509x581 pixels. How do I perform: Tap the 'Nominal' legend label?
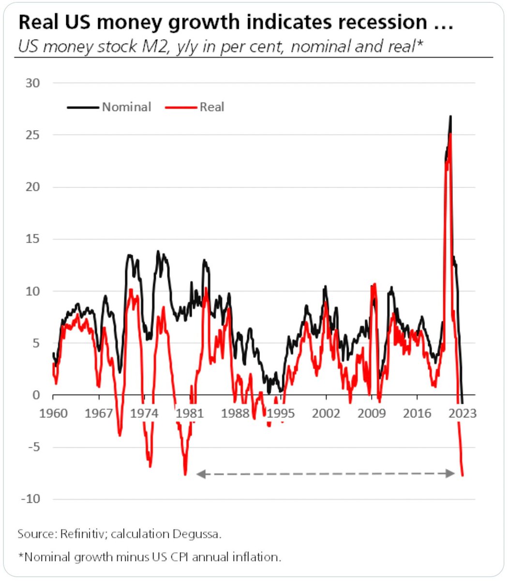pyautogui.click(x=126, y=107)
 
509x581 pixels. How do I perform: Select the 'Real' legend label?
pyautogui.click(x=212, y=107)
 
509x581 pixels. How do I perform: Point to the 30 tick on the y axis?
pyautogui.click(x=33, y=83)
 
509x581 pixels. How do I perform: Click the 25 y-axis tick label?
pyautogui.click(x=33, y=135)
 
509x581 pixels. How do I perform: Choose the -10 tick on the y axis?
pyautogui.click(x=30, y=499)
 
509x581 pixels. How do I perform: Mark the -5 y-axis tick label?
pyautogui.click(x=33, y=447)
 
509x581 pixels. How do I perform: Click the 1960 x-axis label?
pyautogui.click(x=54, y=413)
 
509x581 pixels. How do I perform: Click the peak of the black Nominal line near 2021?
pyautogui.click(x=450, y=116)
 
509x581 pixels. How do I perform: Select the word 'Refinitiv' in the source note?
pyautogui.click(x=84, y=534)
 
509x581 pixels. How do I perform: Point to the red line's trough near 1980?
pyautogui.click(x=185, y=474)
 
